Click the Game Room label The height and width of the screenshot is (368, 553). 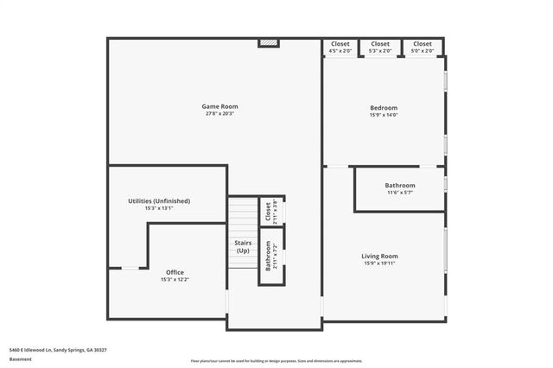coord(220,106)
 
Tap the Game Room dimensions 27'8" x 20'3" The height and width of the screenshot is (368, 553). coord(220,114)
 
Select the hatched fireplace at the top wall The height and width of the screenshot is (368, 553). coord(269,42)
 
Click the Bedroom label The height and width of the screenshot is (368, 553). coord(384,107)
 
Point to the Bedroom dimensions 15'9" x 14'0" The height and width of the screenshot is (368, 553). coord(384,115)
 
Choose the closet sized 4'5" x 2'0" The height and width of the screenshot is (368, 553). coord(340,48)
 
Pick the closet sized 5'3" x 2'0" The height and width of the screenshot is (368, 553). coord(380,48)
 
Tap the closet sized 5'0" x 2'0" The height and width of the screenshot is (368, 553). coord(422,48)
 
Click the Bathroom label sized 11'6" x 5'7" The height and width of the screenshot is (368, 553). coord(400,185)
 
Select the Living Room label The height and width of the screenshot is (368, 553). coord(379,256)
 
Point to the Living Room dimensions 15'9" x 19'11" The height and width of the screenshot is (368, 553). coord(379,264)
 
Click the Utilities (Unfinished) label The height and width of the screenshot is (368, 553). coord(159,200)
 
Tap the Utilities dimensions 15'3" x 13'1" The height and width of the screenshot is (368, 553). coord(159,208)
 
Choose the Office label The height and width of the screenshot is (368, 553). coord(174,272)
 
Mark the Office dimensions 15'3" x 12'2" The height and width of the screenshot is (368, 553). coord(174,280)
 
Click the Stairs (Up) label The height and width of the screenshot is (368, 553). coord(243,246)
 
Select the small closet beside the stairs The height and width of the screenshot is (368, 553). coord(271,211)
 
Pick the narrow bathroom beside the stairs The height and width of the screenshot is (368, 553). coord(271,256)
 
